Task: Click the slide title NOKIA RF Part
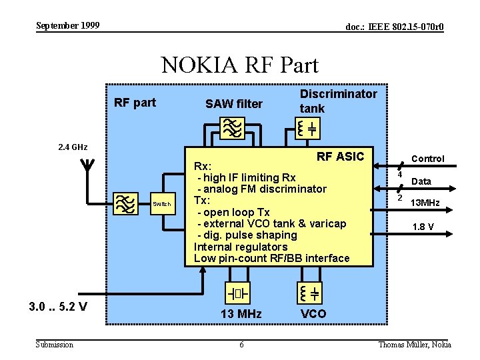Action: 240,65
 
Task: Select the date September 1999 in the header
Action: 67,25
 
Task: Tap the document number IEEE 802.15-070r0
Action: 394,27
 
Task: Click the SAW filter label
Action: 234,103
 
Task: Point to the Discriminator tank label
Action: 338,101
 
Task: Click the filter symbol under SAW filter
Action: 233,128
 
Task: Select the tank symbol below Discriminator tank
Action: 308,128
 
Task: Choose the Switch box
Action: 162,204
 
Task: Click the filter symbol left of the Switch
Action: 125,204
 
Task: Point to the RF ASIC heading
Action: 340,157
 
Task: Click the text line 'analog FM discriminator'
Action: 261,189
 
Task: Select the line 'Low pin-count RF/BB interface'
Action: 271,258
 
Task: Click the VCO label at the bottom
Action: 313,313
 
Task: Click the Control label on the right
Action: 428,159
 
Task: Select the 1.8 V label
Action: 423,227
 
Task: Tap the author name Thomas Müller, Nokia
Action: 415,344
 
